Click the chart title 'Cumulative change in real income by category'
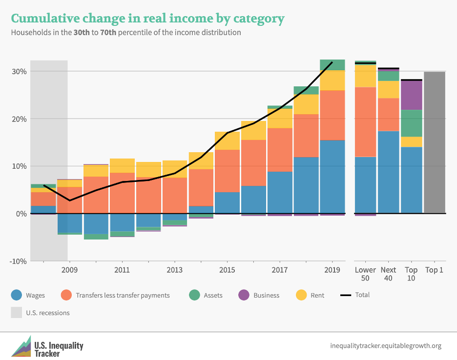tap(147, 19)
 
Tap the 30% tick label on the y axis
tap(19, 71)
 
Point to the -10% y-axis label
tap(18, 261)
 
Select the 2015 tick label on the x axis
tap(227, 270)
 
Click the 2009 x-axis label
tap(70, 270)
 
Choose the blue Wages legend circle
tap(16, 295)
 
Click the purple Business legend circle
tap(244, 295)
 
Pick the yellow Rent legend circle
tap(302, 295)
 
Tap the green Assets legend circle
tap(194, 295)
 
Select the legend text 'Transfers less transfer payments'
tap(123, 295)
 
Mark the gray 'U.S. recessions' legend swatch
tap(16, 313)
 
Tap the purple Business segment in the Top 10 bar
tap(411, 95)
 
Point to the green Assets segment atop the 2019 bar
tap(332, 65)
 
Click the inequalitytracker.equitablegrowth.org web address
tap(386, 346)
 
